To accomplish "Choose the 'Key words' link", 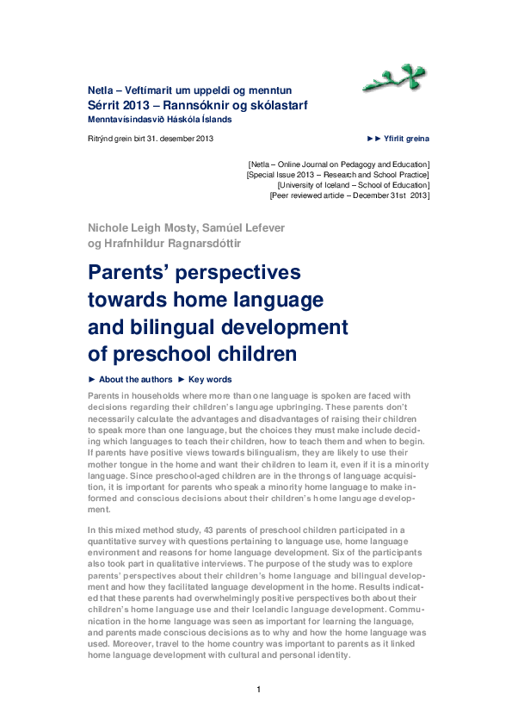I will coord(210,380).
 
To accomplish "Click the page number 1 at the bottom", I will coord(258,689).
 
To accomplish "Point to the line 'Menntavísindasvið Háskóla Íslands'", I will coord(159,119).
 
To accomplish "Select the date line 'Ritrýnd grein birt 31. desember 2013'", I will coord(151,139).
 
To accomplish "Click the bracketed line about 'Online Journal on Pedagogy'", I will coord(338,164).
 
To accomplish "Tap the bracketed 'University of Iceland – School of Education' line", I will coord(353,184).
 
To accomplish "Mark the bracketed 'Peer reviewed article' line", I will coord(349,195).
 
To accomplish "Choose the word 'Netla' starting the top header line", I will coord(100,90).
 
